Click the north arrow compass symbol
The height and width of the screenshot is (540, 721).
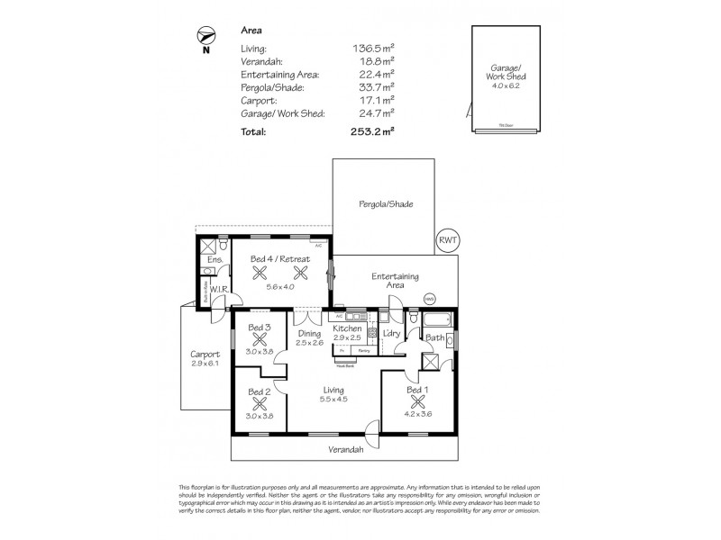tap(205, 35)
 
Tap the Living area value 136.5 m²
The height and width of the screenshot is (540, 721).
tap(373, 49)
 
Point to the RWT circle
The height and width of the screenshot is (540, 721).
tap(446, 240)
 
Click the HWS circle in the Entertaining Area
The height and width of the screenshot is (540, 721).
tap(431, 299)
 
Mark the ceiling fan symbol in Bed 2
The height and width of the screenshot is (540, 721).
tap(260, 404)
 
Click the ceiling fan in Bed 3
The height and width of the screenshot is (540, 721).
tap(260, 340)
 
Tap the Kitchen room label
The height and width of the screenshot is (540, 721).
tap(347, 329)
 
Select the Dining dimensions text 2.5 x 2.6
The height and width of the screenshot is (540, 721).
tap(310, 342)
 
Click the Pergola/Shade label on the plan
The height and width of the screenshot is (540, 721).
tap(388, 204)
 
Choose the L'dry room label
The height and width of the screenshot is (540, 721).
tap(390, 335)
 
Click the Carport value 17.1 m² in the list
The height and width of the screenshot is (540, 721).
tap(376, 100)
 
